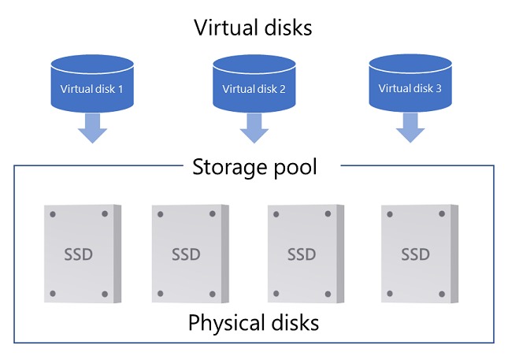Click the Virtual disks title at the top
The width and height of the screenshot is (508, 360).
[254, 28]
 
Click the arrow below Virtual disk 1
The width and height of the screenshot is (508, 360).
[93, 128]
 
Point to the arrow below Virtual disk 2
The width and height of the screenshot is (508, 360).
[254, 128]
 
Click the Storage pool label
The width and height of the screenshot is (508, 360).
[254, 167]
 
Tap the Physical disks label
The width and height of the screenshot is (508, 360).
[254, 322]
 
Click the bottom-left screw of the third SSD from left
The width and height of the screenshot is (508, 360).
[275, 294]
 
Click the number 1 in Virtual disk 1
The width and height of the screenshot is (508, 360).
[121, 89]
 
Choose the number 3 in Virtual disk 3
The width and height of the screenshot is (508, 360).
[438, 88]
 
